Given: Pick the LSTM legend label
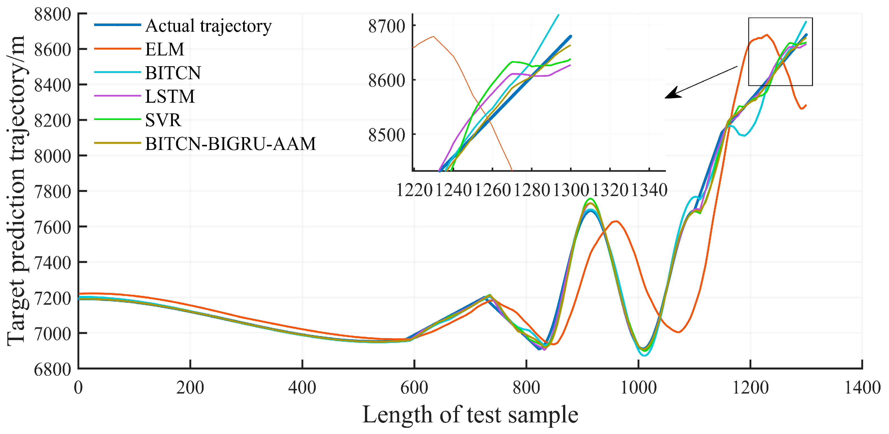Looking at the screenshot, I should pos(170,96).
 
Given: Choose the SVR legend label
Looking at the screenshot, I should pos(163,120).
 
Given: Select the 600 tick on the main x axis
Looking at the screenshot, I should pos(414,388).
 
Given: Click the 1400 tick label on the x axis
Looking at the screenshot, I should pos(862,388).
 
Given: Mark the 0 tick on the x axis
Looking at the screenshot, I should pos(78,388).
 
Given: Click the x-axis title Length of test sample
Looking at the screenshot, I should pos(470,415).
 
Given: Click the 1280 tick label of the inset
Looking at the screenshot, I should pos(532,190).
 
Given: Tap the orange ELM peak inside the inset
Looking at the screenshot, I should pos(433,36).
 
